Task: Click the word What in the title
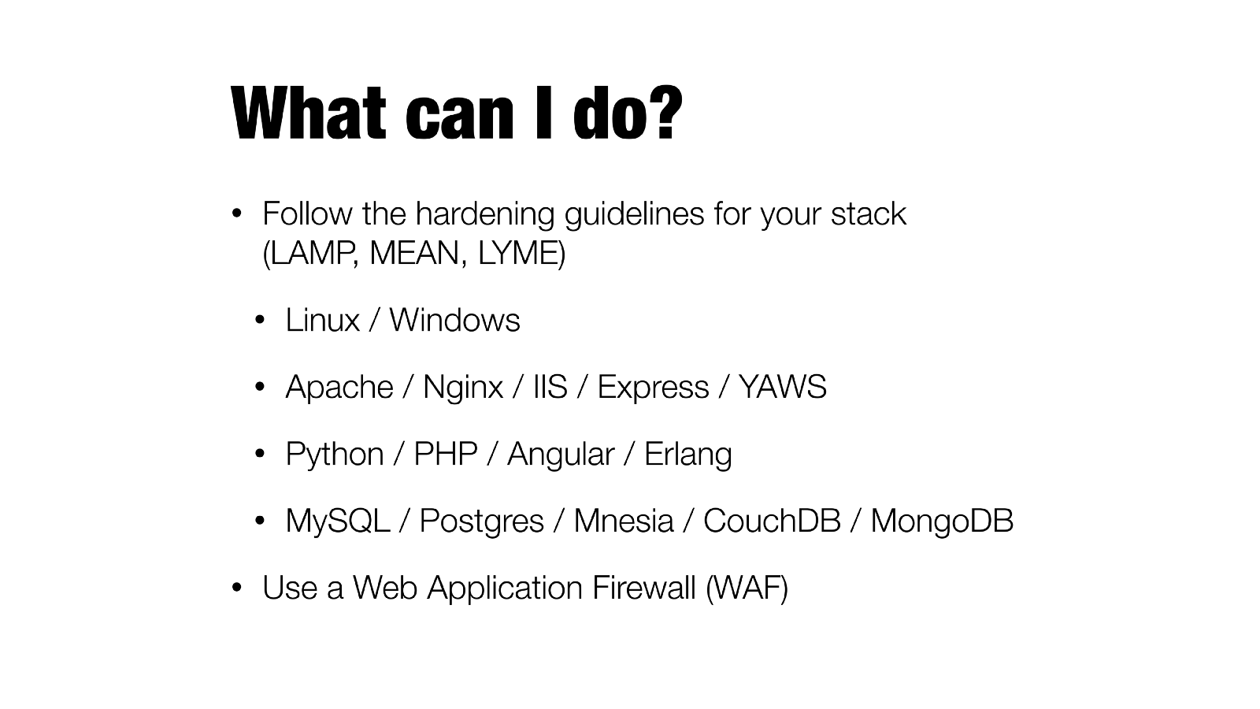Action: point(308,113)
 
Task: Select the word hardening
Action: point(485,215)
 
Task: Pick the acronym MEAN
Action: point(414,253)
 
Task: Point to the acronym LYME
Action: point(517,253)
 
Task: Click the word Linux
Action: point(322,320)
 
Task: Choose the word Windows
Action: point(454,320)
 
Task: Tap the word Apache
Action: point(339,388)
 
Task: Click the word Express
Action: point(653,388)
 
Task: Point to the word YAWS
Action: point(783,387)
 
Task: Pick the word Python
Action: point(335,455)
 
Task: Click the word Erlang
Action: point(688,455)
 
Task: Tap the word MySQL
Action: point(338,521)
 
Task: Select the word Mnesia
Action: point(623,521)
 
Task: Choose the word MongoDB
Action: point(942,521)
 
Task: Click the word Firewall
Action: point(644,588)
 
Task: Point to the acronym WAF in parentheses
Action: point(747,588)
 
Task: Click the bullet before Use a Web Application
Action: point(237,588)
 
